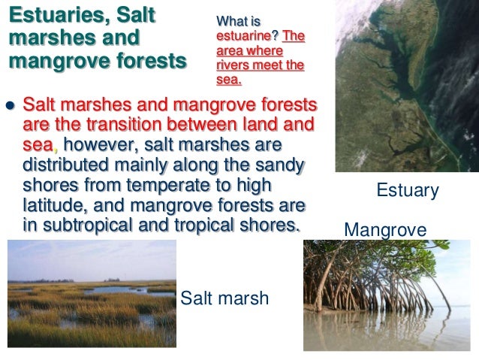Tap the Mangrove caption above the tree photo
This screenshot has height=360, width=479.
(384, 228)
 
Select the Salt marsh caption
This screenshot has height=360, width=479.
(225, 300)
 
